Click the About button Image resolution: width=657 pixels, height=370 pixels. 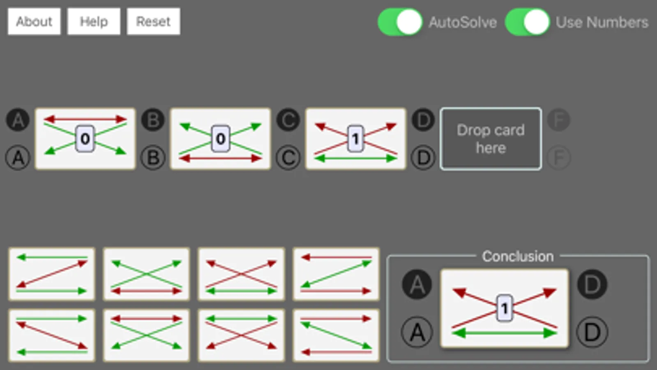[x=34, y=21]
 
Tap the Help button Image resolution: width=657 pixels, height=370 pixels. [x=94, y=21]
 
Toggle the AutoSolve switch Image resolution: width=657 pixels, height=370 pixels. [x=400, y=22]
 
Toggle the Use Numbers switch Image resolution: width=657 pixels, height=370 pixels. [x=527, y=22]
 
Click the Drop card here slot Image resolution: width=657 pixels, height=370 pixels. [x=491, y=139]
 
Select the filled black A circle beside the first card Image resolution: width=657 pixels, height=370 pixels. [x=18, y=120]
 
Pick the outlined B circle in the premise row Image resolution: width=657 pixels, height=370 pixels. [x=153, y=157]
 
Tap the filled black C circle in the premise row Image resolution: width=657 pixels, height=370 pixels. [x=288, y=120]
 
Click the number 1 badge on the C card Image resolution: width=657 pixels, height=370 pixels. [x=355, y=139]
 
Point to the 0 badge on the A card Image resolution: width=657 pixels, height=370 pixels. [x=85, y=139]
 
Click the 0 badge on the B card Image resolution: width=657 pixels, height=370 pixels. [x=221, y=139]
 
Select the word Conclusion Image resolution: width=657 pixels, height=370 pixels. [x=518, y=256]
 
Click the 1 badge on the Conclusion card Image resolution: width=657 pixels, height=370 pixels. [x=505, y=308]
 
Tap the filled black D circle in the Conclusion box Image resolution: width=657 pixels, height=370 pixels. [x=592, y=284]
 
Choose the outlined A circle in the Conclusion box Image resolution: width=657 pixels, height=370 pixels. [x=417, y=332]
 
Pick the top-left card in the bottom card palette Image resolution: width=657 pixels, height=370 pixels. [x=52, y=274]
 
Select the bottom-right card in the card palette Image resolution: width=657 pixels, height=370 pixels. [x=336, y=335]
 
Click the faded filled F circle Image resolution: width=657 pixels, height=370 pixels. [x=559, y=120]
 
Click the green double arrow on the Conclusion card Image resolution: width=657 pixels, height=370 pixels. [x=505, y=333]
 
